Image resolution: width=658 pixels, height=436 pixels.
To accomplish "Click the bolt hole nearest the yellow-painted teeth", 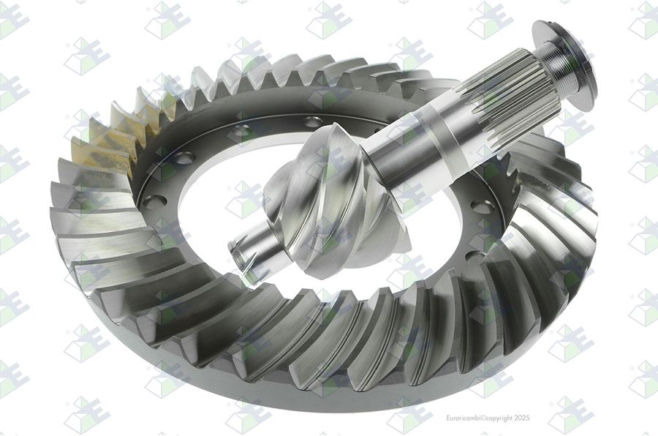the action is (x=184, y=158).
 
